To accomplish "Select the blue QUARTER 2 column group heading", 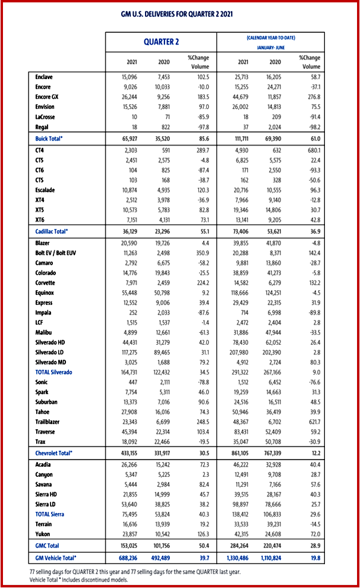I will tap(161, 42).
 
